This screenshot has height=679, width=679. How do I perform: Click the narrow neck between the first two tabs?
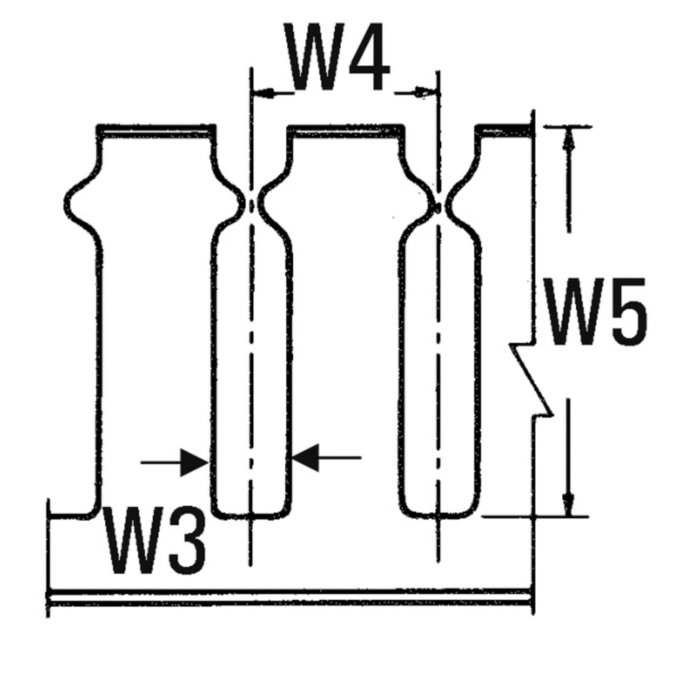tap(253, 203)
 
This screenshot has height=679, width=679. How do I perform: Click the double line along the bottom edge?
tap(292, 598)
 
